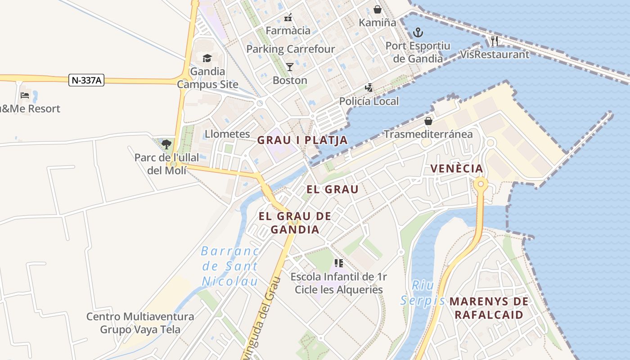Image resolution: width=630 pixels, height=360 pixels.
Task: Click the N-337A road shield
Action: click(87, 81)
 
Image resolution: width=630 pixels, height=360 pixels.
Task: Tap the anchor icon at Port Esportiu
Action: click(418, 32)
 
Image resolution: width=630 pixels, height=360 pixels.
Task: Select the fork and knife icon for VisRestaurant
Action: click(495, 41)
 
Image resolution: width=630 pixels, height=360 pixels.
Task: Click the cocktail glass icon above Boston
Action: click(290, 67)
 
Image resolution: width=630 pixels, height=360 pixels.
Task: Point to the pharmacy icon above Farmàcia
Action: click(288, 18)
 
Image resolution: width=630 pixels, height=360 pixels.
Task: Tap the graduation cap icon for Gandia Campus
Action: click(207, 58)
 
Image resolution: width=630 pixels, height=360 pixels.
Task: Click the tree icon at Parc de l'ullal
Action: click(166, 144)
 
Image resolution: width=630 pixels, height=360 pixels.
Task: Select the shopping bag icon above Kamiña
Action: click(378, 9)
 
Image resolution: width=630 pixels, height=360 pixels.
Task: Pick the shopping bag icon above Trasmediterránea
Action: click(428, 121)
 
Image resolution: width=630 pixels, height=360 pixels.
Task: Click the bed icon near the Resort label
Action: click(25, 95)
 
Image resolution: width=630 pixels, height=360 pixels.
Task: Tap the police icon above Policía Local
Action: click(369, 88)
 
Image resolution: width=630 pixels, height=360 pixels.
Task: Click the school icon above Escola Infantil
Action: click(339, 263)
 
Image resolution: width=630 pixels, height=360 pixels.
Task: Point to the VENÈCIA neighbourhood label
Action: click(457, 169)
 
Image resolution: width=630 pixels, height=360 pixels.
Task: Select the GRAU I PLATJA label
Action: click(302, 140)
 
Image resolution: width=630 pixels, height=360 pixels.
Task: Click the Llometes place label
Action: click(227, 134)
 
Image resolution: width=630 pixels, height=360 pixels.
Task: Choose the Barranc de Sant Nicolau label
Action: click(230, 266)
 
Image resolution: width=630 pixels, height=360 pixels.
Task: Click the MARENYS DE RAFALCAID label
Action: click(489, 308)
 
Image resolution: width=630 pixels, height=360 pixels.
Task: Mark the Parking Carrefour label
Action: click(291, 49)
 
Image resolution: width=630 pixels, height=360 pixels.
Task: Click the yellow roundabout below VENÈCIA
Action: click(481, 184)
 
